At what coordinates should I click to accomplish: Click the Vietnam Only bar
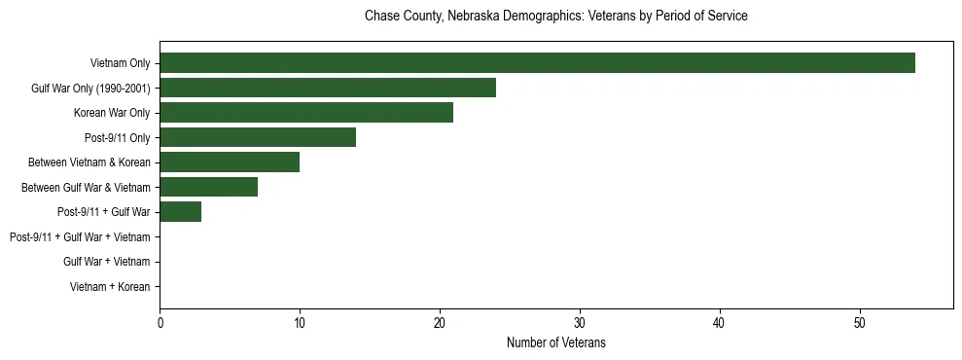[x=537, y=63]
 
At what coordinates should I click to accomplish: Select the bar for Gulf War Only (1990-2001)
[x=328, y=89]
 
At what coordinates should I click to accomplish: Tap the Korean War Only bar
[x=306, y=113]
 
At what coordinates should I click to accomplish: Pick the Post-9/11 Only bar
[x=258, y=137]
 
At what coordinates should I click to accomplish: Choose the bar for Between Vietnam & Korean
[x=230, y=162]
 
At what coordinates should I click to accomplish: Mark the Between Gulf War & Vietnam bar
[x=208, y=187]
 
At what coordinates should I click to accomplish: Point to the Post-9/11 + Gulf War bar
[x=180, y=212]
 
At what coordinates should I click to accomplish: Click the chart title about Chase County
[x=555, y=17]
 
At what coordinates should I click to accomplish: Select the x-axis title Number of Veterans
[x=555, y=343]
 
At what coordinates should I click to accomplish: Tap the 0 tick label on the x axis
[x=160, y=323]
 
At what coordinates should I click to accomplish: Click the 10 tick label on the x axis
[x=300, y=323]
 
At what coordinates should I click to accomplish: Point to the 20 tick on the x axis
[x=440, y=323]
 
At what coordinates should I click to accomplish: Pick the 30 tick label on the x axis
[x=580, y=323]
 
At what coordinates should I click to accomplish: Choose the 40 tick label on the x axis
[x=720, y=323]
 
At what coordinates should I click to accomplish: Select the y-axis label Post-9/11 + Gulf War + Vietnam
[x=80, y=237]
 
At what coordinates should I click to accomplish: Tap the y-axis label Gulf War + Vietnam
[x=106, y=262]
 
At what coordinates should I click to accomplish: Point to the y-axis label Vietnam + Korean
[x=110, y=287]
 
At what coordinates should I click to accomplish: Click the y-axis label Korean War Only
[x=112, y=114]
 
